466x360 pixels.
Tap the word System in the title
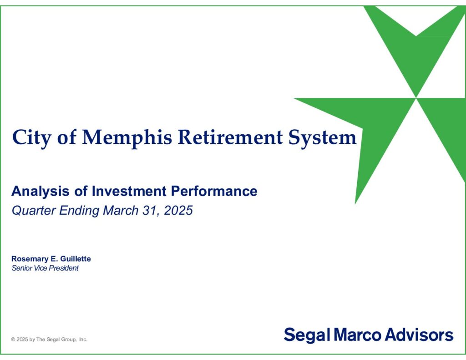323,138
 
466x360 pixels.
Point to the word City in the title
32,138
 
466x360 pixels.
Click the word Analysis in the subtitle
41,191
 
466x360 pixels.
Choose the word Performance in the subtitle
214,191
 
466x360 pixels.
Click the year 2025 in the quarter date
178,210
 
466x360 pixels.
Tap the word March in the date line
121,210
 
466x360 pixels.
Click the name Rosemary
30,259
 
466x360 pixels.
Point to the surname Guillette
76,259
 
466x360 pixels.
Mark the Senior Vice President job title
45,268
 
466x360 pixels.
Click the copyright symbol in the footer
13,340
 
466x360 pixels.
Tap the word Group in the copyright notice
69,340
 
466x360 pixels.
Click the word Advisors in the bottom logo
419,335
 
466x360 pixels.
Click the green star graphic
416,98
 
